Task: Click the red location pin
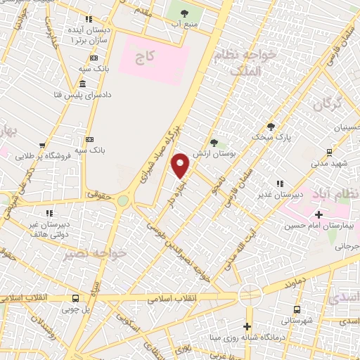point(181,165)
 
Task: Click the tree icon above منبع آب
point(184,13)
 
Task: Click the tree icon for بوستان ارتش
point(214,143)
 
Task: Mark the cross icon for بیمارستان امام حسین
point(319,214)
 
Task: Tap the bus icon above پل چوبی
point(76,297)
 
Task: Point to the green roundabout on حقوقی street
point(124,201)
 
